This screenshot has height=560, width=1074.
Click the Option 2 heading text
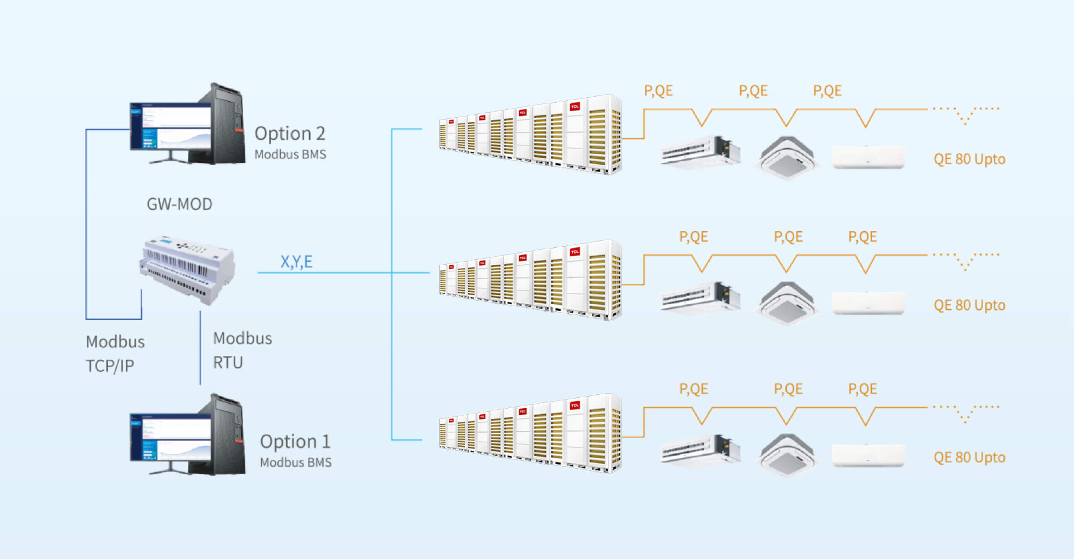tap(290, 134)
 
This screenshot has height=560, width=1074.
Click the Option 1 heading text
tap(295, 442)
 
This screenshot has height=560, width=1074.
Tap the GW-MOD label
tap(179, 204)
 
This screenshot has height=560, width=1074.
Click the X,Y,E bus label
tap(296, 262)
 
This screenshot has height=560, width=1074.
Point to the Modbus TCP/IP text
tap(115, 354)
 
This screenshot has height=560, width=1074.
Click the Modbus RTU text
tap(242, 350)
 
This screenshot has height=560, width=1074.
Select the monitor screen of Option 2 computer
tap(170, 126)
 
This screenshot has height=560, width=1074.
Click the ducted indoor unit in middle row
tap(700, 297)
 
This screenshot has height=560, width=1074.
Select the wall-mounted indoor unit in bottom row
tap(868, 456)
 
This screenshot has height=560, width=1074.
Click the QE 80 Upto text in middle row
tap(969, 306)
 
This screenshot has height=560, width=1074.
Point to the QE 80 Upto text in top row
tap(969, 159)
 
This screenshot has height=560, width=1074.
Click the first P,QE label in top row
tap(658, 91)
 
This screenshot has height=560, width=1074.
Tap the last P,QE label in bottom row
tap(862, 389)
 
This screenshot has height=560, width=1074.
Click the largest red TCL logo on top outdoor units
tap(575, 107)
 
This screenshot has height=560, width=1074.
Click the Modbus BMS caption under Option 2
tap(290, 155)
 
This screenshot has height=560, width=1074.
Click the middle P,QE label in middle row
tap(788, 237)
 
